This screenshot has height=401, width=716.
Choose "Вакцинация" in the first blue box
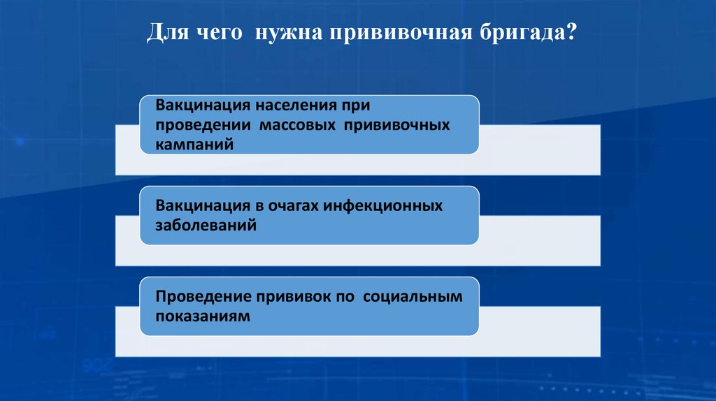[202, 108]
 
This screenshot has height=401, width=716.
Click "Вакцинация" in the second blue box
[202, 207]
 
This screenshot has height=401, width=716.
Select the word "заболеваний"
[206, 226]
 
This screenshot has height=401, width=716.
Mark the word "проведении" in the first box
[203, 126]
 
